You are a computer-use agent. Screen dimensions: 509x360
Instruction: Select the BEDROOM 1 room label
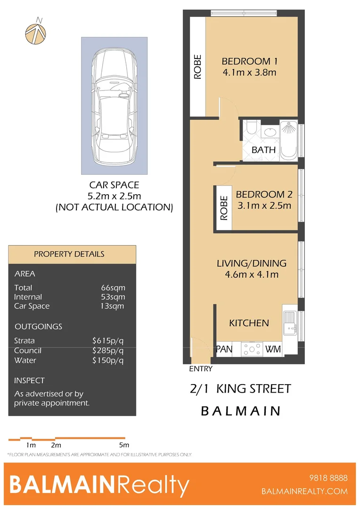point(249,61)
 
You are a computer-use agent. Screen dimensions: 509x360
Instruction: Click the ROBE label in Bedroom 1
point(197,67)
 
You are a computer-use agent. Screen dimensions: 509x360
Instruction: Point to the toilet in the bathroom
point(251,128)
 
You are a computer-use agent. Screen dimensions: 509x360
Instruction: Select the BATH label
point(263,150)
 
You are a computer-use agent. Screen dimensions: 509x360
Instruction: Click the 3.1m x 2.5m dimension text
point(264,205)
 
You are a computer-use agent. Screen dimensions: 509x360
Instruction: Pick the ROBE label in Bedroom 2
point(224,208)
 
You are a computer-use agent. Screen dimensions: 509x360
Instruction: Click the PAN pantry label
point(225,349)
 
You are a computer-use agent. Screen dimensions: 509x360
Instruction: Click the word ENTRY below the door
point(201,369)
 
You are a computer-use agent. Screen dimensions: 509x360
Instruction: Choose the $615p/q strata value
point(108,341)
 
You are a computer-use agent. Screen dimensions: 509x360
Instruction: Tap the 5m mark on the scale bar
point(124,445)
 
